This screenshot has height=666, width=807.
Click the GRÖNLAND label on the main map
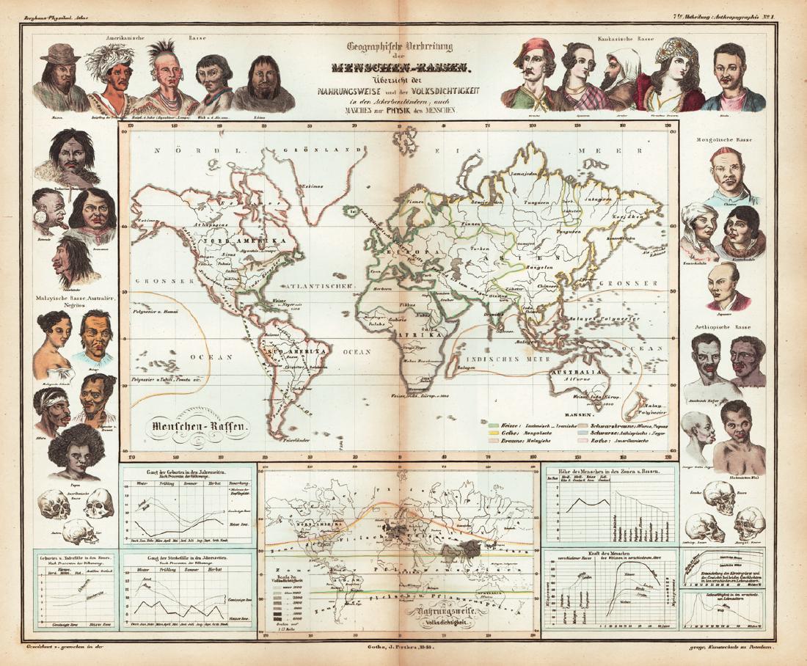coord(336,150)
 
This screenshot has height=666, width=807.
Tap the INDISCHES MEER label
coord(516,359)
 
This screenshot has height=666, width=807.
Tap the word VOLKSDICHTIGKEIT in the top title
coord(430,91)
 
